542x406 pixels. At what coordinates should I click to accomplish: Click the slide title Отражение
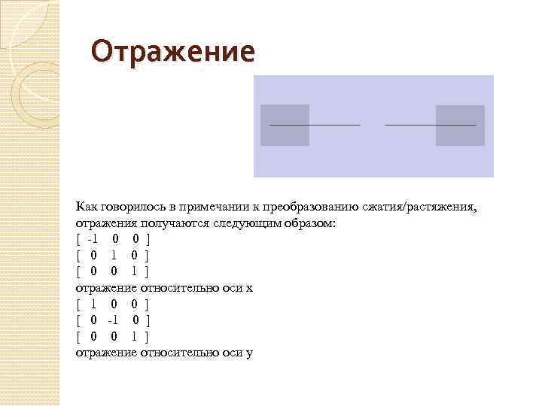(x=172, y=52)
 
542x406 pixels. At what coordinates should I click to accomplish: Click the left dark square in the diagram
(x=285, y=125)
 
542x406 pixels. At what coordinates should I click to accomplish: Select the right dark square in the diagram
(x=460, y=125)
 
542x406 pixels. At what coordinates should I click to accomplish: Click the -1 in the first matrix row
(x=93, y=240)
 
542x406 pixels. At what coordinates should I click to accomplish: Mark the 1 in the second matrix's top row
(x=93, y=304)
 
